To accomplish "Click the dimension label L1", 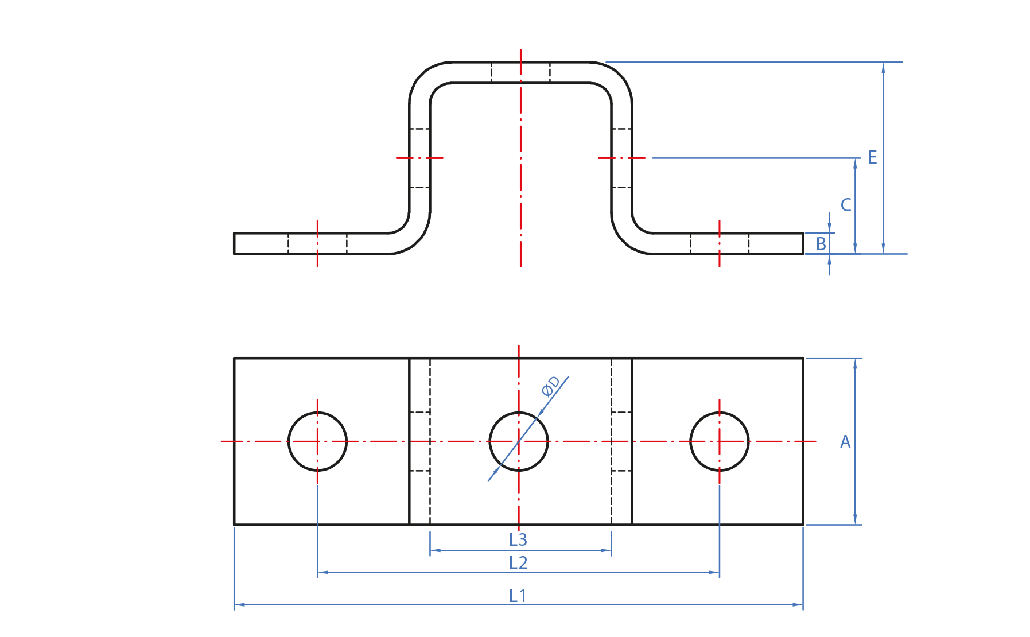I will (517, 596).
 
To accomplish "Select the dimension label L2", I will (518, 562).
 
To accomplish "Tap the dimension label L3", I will (518, 539).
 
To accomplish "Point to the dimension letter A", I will (845, 442).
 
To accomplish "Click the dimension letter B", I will (821, 244).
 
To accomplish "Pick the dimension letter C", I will (845, 205).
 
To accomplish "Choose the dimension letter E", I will (872, 157).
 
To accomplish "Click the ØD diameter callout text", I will (550, 386).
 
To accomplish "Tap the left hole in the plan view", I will (317, 441).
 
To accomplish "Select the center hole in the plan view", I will (519, 441).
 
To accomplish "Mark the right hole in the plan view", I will (719, 441).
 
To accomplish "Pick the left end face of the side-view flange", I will (234, 243).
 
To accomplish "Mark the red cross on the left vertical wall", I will (419, 158).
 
